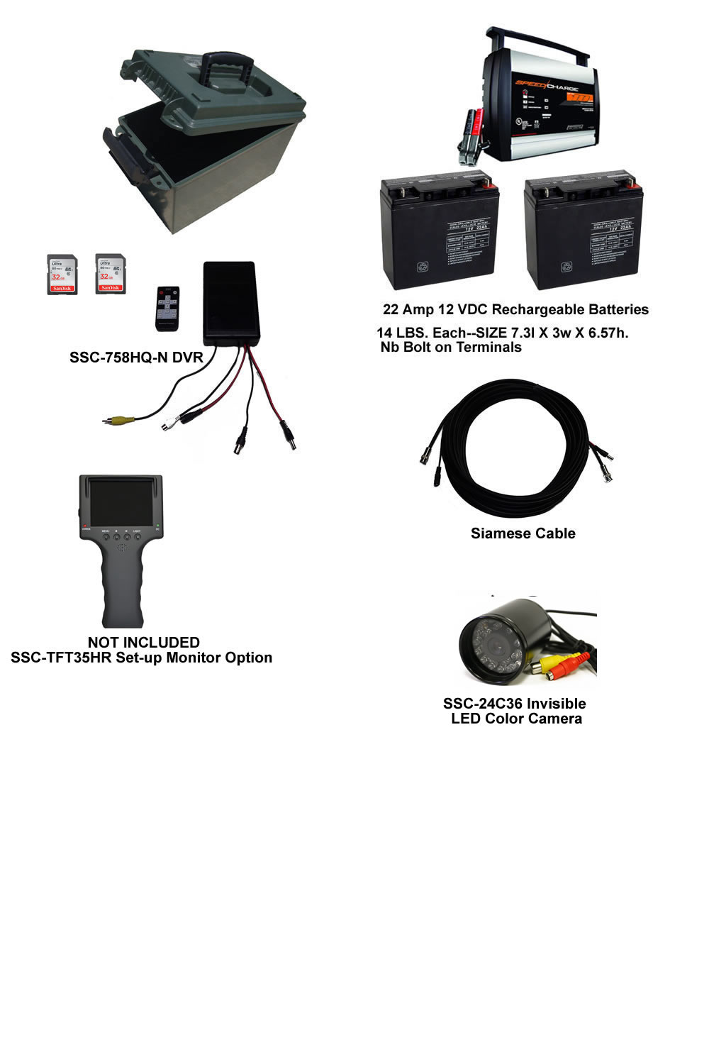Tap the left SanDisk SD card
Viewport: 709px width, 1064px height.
(62, 275)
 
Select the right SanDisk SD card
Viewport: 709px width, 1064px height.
(110, 274)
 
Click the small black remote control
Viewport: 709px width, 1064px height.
(167, 308)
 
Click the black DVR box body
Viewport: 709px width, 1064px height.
(230, 302)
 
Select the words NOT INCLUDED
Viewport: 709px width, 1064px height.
(143, 643)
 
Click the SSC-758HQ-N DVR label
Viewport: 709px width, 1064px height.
(136, 358)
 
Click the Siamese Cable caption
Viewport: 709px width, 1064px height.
(523, 533)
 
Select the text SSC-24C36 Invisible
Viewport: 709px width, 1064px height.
(514, 704)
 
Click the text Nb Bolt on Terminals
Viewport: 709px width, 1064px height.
(451, 347)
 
